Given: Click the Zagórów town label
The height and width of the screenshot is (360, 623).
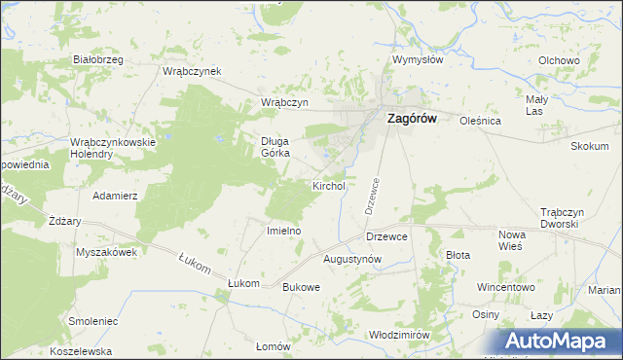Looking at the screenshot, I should tap(413, 118).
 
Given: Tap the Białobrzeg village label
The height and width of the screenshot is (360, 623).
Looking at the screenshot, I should tap(98, 59).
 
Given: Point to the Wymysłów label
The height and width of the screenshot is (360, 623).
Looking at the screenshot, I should tap(418, 59).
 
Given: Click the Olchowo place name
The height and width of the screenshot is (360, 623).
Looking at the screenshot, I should tap(559, 60).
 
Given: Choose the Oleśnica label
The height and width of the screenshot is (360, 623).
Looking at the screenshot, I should tap(480, 122).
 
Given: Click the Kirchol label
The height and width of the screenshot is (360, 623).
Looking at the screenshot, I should tap(329, 185).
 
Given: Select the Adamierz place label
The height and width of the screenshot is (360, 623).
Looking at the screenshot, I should tap(115, 196).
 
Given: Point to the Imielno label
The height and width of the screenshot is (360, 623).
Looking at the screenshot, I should tap(284, 231).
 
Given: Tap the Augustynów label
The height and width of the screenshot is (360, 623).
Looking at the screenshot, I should tap(351, 259).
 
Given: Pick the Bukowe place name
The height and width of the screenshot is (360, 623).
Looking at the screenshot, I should tap(301, 287).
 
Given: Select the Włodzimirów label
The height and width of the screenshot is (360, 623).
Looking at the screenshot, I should tap(399, 334).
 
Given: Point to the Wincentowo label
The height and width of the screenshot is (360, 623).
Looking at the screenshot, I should tap(506, 288).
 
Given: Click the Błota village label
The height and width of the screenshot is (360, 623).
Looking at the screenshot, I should tap(458, 255).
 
